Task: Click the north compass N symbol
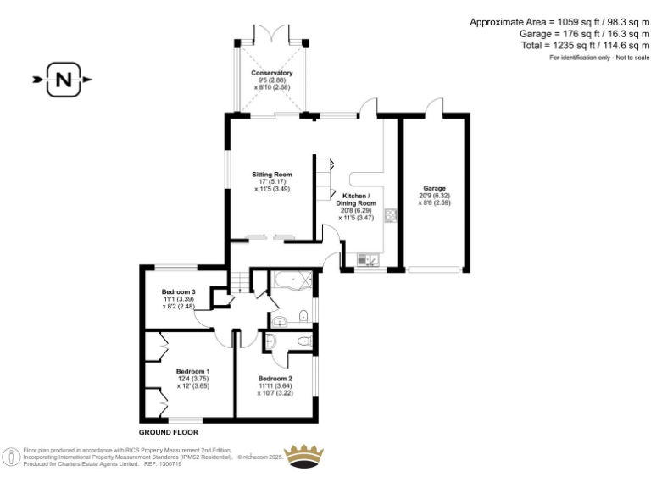[64, 80]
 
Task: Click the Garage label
[433, 188]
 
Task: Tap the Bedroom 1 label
[192, 371]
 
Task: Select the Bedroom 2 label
[275, 378]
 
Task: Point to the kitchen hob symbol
[391, 215]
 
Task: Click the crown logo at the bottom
[307, 455]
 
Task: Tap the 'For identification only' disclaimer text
[598, 58]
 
